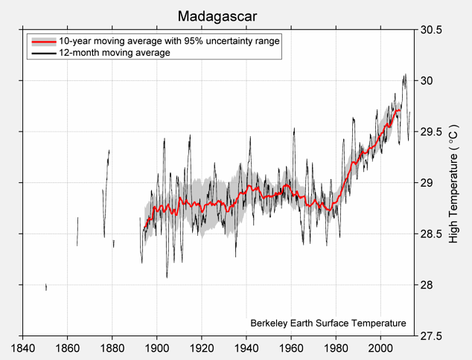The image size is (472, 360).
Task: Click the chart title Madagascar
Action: click(218, 16)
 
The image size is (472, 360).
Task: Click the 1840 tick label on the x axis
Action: click(23, 347)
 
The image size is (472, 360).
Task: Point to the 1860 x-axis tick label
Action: click(68, 347)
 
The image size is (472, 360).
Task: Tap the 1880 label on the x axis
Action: click(112, 347)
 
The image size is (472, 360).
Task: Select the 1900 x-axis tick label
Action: click(157, 347)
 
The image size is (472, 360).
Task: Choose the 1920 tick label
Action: click(202, 347)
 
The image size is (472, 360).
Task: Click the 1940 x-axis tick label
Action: click(246, 347)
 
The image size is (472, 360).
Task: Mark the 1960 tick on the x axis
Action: click(291, 347)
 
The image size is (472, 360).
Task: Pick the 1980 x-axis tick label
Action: click(336, 347)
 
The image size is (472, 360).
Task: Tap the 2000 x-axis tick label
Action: click(380, 347)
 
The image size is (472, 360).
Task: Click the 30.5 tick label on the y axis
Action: click(430, 30)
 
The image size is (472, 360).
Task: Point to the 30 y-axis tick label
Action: click(426, 81)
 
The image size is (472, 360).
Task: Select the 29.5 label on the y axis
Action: click(430, 132)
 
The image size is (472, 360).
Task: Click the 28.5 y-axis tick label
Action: click(430, 234)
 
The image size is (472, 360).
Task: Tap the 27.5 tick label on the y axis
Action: click(430, 336)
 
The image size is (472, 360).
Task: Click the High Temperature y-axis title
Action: click(455, 183)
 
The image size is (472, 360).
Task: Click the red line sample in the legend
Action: click(42, 42)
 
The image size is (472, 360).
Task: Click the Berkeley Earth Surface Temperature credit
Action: click(328, 324)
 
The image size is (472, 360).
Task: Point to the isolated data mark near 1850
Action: click(46, 287)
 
